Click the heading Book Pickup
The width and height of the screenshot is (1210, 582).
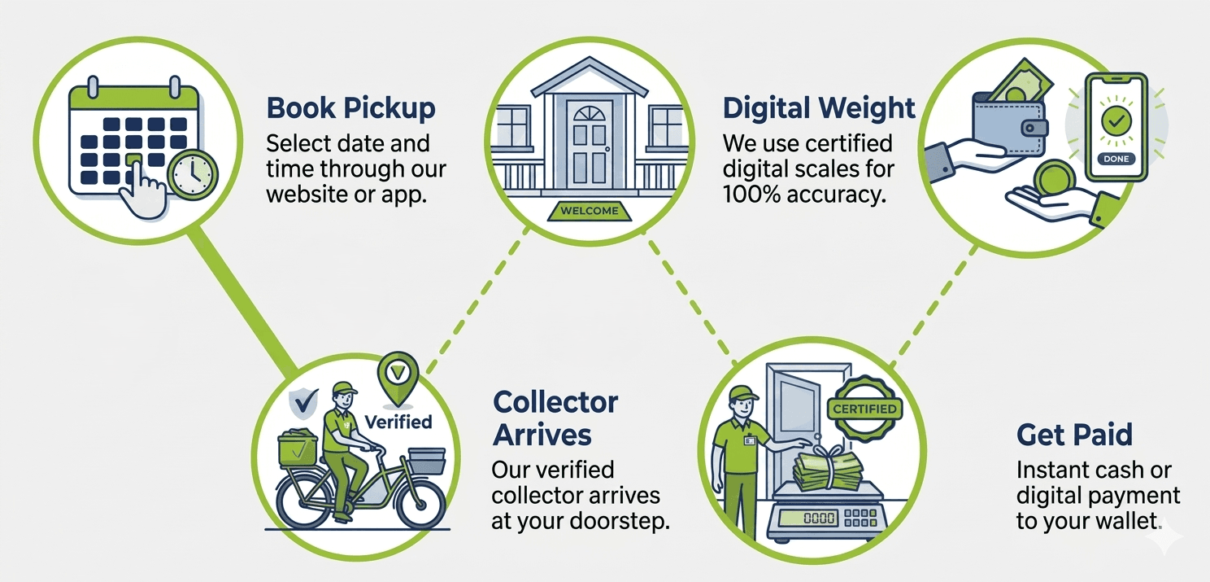coord(350,108)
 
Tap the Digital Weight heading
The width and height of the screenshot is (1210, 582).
coord(819,108)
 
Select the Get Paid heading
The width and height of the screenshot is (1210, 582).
coord(1074,435)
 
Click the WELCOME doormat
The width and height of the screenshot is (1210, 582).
coord(590,211)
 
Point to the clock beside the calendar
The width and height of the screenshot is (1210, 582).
coord(192,175)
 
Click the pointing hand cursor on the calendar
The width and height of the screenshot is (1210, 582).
coord(141,190)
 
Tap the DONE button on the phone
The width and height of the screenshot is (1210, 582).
coord(1116,159)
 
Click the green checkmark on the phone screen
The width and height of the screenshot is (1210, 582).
coord(1116,120)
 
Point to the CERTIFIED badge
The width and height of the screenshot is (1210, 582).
coord(864,409)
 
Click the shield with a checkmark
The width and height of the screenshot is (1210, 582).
coord(303,402)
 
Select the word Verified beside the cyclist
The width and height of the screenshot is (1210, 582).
coord(398,422)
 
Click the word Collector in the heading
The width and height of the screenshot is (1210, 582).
coord(555,402)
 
